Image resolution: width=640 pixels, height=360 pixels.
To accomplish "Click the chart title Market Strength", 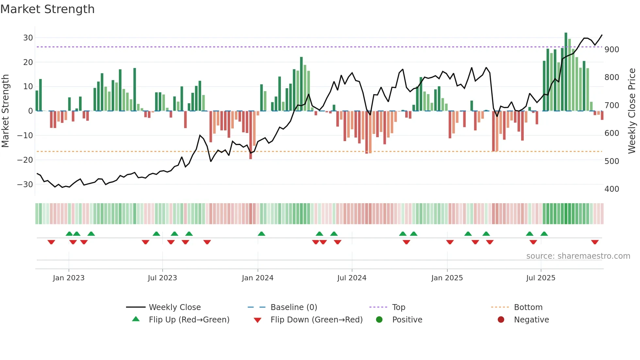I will click(47, 9).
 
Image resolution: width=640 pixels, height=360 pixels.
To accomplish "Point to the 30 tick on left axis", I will click(28, 38).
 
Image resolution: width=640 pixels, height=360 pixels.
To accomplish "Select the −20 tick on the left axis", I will click(25, 160).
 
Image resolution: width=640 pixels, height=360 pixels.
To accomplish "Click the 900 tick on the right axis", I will click(612, 50).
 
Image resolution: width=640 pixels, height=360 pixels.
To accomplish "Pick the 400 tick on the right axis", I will click(612, 189).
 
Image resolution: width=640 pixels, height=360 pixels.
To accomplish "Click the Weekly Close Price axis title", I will click(632, 111).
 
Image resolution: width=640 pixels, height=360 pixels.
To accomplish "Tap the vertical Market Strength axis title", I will click(6, 111).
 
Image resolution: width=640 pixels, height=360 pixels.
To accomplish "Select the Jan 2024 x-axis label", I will click(258, 278).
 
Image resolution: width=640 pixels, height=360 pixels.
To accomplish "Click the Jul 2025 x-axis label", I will click(541, 278).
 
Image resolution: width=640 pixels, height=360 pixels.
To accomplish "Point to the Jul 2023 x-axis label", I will click(162, 278).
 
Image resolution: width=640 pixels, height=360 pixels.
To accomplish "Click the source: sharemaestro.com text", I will click(578, 256).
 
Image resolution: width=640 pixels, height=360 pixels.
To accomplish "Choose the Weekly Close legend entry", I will click(175, 307).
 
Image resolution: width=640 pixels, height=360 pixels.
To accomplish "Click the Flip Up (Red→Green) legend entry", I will click(189, 320).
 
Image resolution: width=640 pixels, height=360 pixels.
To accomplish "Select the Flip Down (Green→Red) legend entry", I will click(316, 320).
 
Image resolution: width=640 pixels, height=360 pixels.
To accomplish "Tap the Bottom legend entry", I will click(528, 307).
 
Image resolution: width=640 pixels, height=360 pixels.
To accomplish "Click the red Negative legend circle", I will click(501, 320).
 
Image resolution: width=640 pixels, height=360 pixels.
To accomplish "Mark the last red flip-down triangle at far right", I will click(595, 242).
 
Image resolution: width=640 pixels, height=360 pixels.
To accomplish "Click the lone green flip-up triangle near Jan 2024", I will click(261, 234).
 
